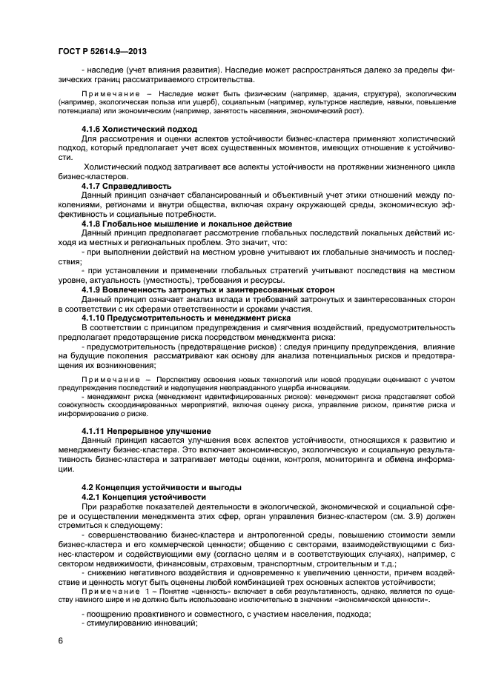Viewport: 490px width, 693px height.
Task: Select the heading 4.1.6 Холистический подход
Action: click(x=129, y=129)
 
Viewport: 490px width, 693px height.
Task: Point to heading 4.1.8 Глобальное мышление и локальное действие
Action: click(x=186, y=223)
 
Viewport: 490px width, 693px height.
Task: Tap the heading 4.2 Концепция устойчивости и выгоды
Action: click(x=161, y=487)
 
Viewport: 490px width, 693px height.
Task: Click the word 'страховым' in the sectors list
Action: click(x=219, y=563)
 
